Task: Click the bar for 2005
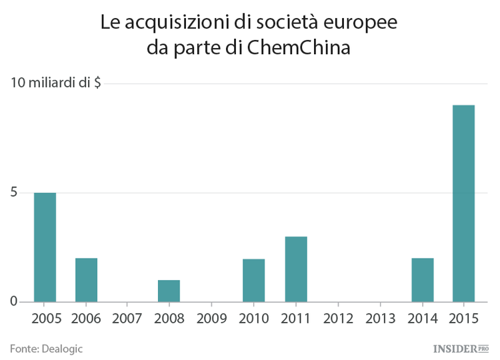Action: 45,247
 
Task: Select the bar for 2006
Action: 86,280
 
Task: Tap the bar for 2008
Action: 169,291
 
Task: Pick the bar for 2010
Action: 253,280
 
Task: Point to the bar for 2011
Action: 296,269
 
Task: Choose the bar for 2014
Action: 423,280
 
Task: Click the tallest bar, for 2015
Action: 464,203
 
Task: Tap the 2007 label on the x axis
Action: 128,318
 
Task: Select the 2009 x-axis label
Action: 212,318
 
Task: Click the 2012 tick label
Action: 338,318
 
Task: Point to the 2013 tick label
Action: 380,318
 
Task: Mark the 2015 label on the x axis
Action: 464,318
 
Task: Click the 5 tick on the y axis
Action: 14,193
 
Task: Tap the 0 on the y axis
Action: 14,302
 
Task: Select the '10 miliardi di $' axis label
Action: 55,83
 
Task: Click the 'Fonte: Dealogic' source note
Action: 46,348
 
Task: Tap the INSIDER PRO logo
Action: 461,348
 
